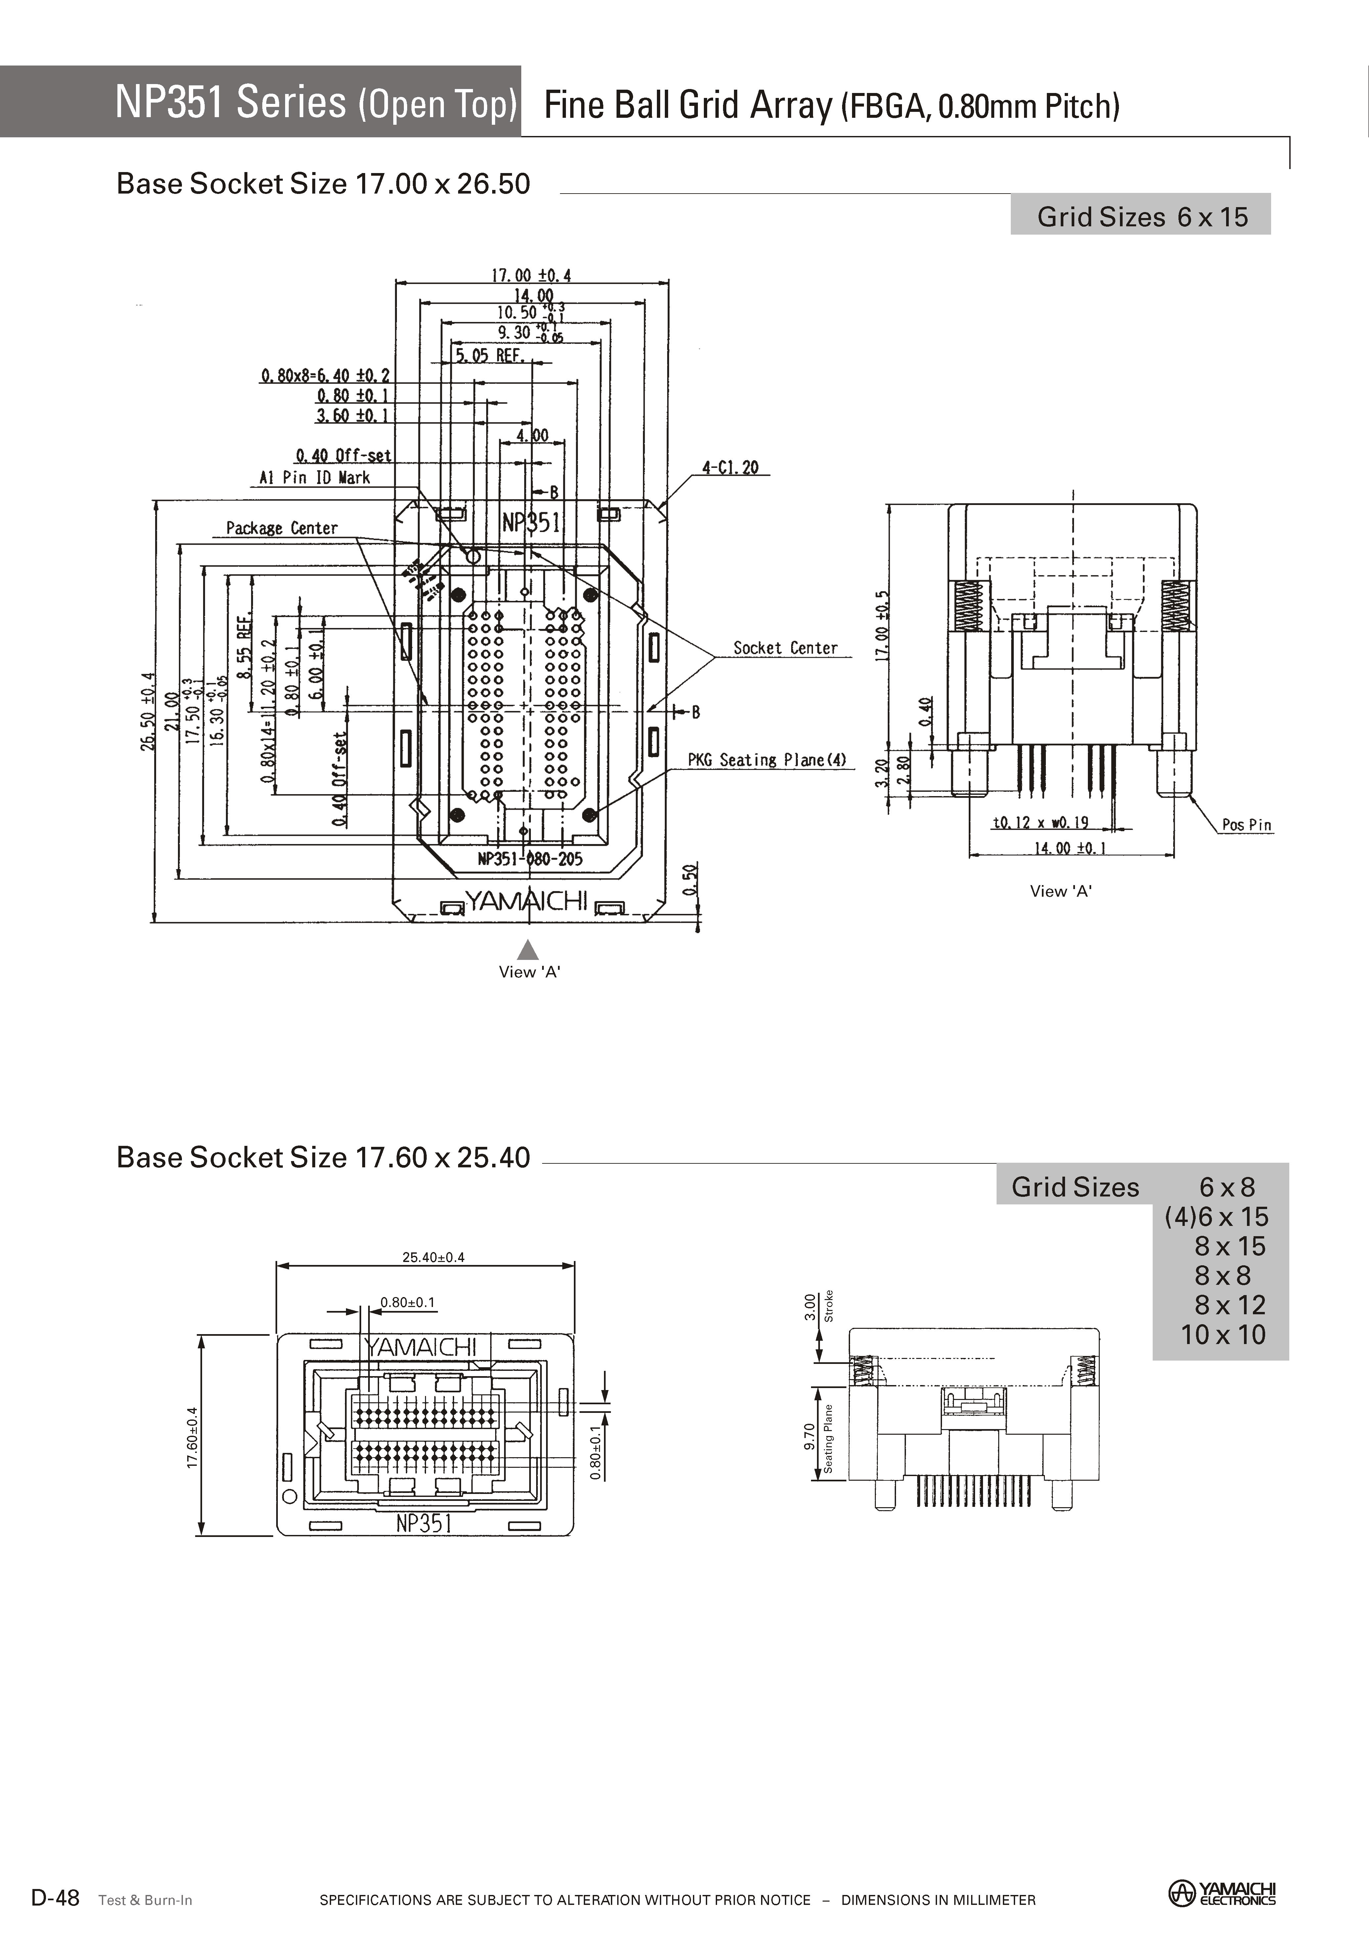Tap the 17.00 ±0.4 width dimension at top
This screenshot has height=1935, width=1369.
pyautogui.click(x=531, y=275)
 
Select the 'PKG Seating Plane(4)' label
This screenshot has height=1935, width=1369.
pyautogui.click(x=766, y=760)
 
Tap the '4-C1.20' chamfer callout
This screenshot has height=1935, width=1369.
pyautogui.click(x=730, y=467)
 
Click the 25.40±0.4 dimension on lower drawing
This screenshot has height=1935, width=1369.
pyautogui.click(x=433, y=1257)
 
